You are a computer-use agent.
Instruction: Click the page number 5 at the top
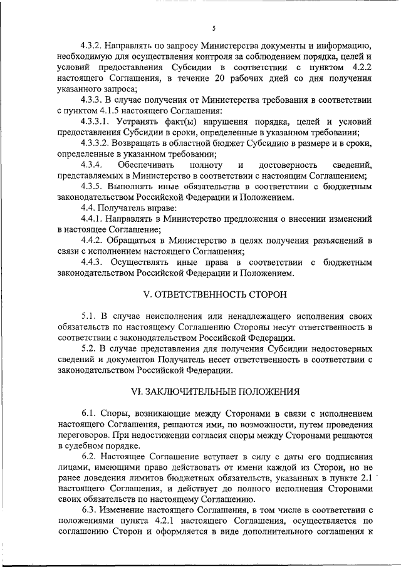coord(214,28)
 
